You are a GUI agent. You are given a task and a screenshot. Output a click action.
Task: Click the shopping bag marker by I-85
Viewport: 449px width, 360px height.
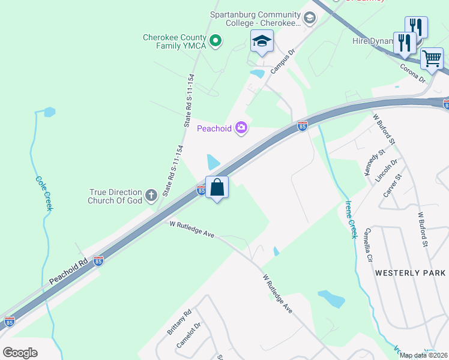pos(217,187)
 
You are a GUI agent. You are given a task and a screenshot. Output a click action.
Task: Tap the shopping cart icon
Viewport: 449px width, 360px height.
pos(432,59)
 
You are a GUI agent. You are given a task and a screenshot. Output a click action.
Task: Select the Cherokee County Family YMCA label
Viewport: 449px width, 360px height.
pos(175,41)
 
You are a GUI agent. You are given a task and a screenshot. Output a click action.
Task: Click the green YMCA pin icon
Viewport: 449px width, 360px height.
pos(215,41)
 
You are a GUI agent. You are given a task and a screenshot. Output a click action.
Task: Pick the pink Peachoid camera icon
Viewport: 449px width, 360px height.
pos(241,127)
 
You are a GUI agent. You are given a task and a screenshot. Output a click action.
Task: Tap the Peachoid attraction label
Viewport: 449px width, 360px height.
pos(214,128)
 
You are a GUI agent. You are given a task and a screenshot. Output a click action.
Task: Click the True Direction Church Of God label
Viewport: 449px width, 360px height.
pos(115,196)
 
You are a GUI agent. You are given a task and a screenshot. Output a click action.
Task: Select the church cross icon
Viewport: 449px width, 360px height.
pos(150,195)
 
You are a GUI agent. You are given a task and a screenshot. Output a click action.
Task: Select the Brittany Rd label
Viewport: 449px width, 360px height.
pos(179,323)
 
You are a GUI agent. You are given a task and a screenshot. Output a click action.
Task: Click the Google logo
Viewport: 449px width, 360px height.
pos(20,352)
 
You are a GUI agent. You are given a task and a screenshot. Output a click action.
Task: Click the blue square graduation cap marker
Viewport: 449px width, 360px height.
pos(261,42)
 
